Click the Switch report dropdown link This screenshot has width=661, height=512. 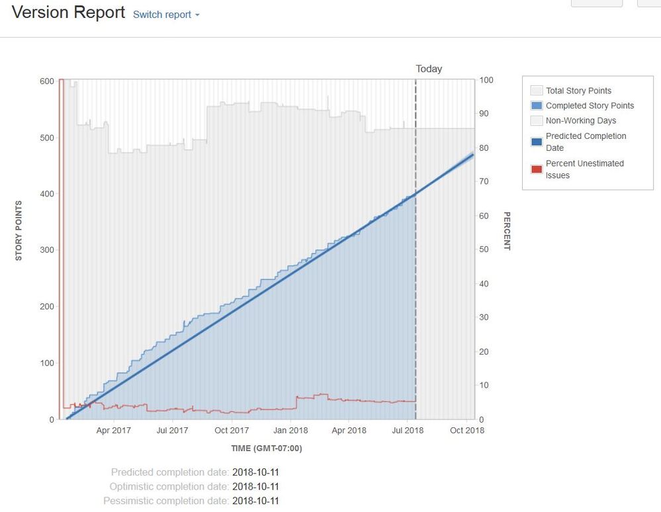(166, 15)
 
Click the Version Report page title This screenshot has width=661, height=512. (68, 13)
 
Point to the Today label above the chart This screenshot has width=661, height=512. (429, 69)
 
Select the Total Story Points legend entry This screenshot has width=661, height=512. (578, 91)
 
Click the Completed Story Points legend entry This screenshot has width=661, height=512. (590, 106)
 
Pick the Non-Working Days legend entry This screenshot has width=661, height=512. (580, 121)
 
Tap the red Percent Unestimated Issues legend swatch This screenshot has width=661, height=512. (537, 169)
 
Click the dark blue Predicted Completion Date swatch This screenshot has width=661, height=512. (537, 142)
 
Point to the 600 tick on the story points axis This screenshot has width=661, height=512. (46, 81)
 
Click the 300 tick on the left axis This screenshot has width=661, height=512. (46, 250)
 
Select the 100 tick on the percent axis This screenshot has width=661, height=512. (486, 80)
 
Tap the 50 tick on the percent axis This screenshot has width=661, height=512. (484, 250)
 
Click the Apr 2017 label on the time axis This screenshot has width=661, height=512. (114, 431)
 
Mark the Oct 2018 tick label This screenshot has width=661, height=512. (467, 431)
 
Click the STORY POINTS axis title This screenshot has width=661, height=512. (19, 230)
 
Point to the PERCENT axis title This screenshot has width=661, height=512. (507, 231)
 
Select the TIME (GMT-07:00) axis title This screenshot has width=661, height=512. (266, 448)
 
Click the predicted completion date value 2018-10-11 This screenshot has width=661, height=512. (255, 472)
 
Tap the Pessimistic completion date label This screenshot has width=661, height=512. (166, 501)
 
